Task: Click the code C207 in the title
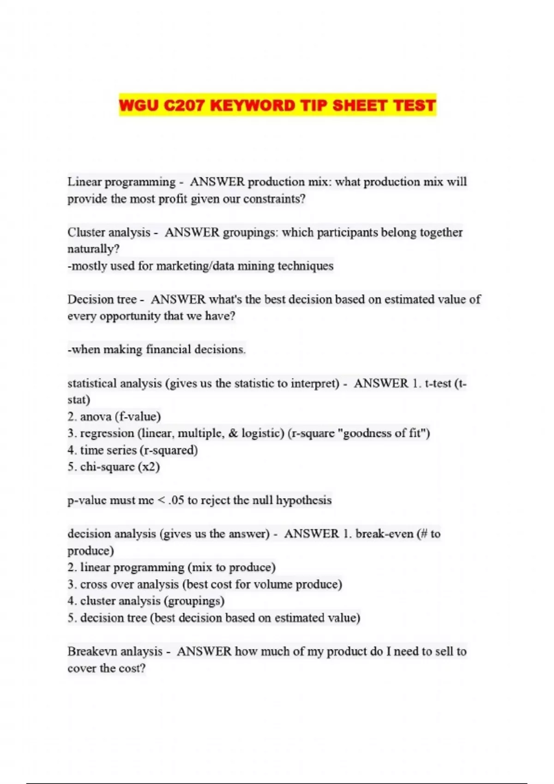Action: pos(183,105)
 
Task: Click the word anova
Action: pos(96,416)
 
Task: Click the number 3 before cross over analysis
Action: pos(71,584)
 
